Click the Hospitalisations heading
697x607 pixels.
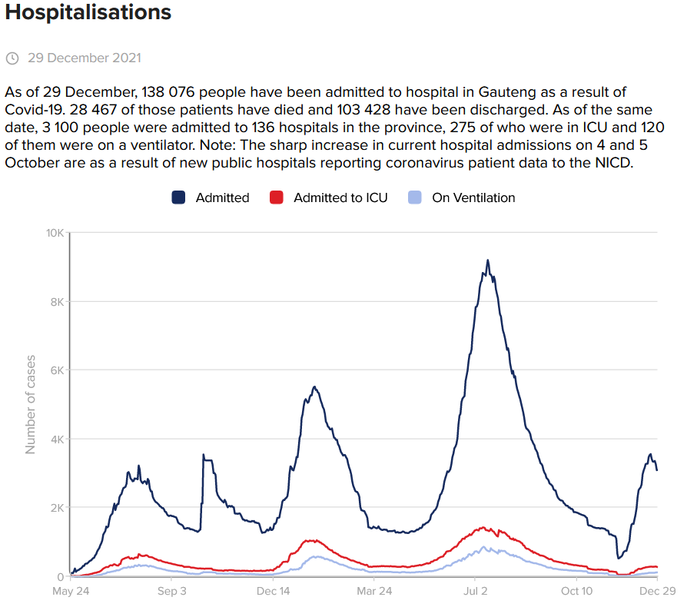(88, 12)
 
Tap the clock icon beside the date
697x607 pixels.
(12, 58)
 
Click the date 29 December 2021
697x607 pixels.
(85, 58)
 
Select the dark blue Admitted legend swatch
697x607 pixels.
(179, 197)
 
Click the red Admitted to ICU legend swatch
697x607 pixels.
(277, 197)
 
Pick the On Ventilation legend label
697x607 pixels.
(473, 197)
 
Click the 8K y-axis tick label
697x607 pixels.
(55, 302)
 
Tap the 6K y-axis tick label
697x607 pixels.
(55, 370)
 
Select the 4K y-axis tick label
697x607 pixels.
(55, 439)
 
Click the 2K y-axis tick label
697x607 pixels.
(55, 508)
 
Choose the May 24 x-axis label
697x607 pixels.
(71, 592)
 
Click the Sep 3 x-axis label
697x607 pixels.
(172, 592)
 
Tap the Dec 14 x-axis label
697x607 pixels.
(274, 592)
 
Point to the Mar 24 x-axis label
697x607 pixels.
(374, 592)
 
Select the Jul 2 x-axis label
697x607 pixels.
(475, 592)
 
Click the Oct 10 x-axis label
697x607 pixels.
(576, 592)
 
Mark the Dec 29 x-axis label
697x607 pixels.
(657, 592)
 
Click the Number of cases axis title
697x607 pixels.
(32, 404)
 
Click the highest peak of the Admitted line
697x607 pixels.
(487, 260)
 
